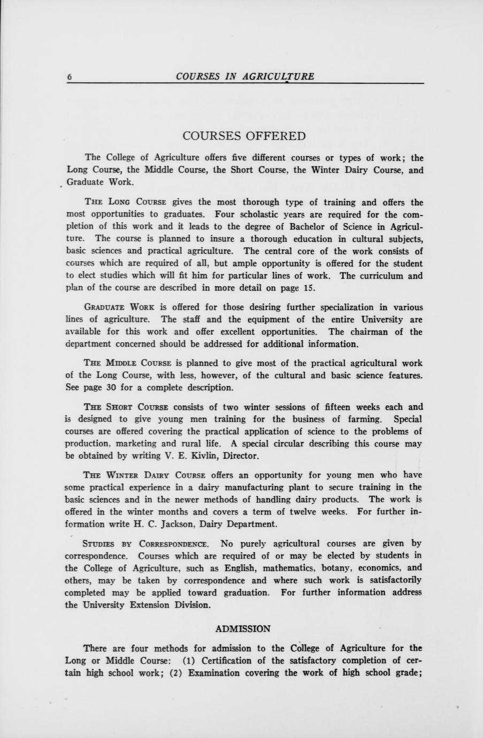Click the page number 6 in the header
[x=70, y=76]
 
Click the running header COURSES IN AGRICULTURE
[x=245, y=76]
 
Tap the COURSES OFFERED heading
[x=244, y=136]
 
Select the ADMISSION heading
[x=242, y=628]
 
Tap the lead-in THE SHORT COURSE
[x=126, y=407]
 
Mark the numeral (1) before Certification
[x=192, y=660]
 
